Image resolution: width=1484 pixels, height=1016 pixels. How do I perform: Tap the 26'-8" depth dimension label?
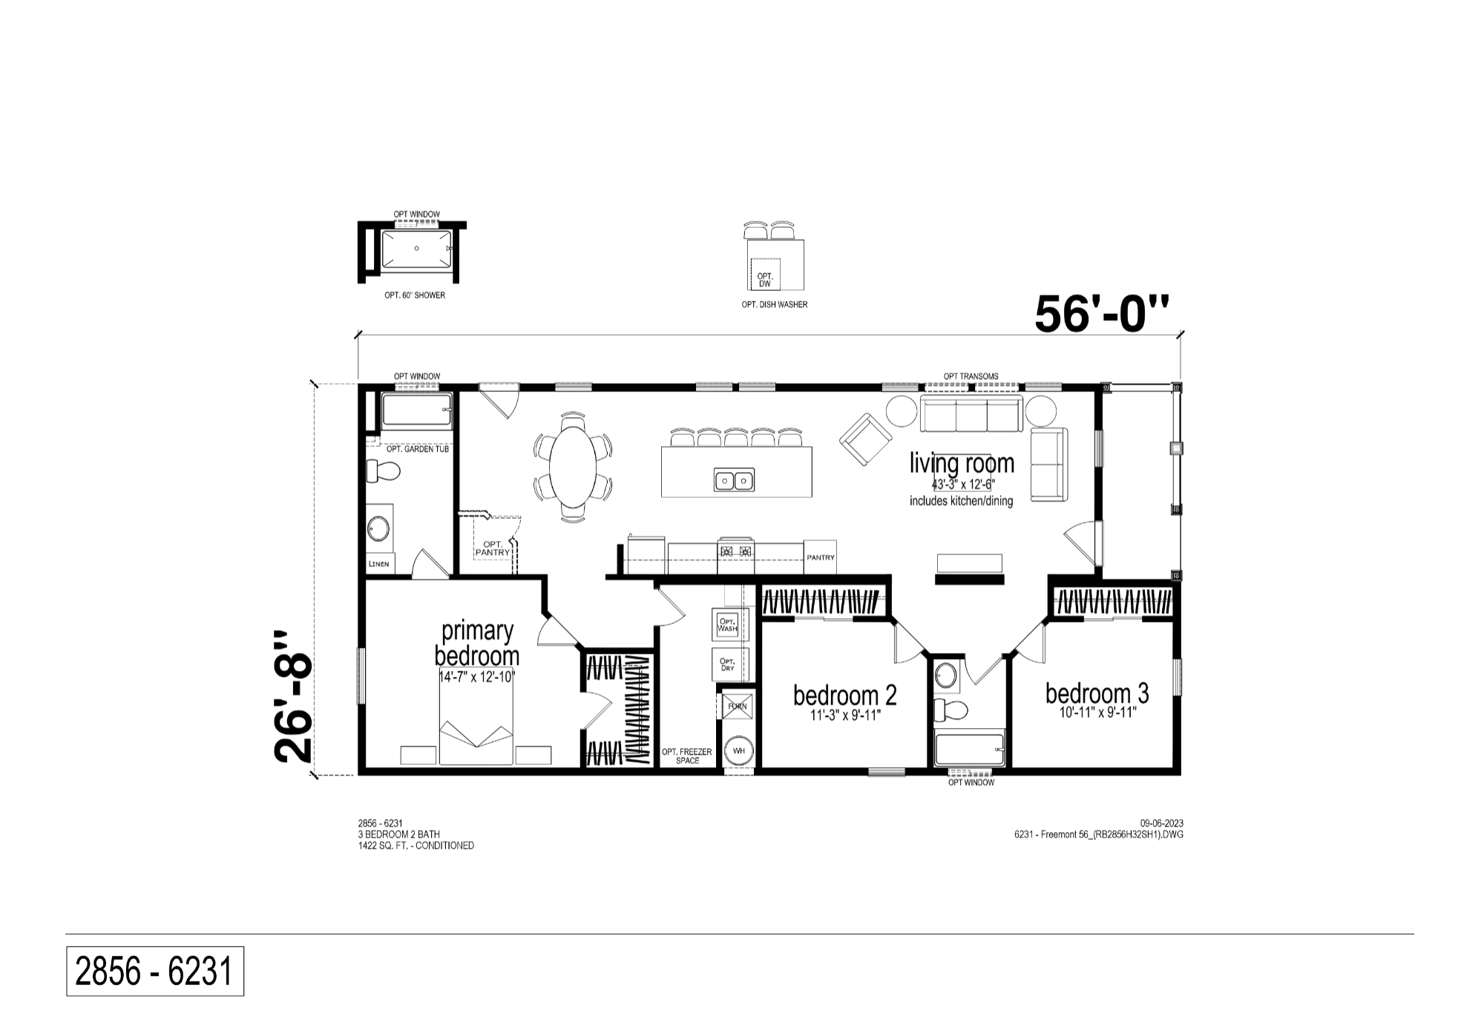pos(294,697)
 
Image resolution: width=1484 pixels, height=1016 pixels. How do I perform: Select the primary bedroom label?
pos(477,643)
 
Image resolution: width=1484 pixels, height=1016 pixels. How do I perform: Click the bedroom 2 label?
pos(845,695)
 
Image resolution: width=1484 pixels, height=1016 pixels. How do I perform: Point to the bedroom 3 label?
pos(1097,693)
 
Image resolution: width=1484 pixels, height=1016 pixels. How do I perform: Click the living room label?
pos(962,463)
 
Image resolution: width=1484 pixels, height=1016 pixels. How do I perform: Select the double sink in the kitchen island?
pos(735,480)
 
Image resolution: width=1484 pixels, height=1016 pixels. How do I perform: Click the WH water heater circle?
pos(739,751)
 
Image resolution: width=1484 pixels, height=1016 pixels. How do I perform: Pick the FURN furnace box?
pos(738,707)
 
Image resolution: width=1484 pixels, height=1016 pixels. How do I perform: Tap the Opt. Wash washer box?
pos(727,625)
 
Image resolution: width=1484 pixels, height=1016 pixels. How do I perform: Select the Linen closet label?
pos(378,564)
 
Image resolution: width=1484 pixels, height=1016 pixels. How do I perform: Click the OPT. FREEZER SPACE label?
pos(687,756)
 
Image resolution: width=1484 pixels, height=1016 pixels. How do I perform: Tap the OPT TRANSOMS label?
pos(971,376)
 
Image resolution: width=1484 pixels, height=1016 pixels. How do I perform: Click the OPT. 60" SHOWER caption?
pos(415,295)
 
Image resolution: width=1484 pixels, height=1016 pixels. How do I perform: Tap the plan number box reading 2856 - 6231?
pos(155,971)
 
